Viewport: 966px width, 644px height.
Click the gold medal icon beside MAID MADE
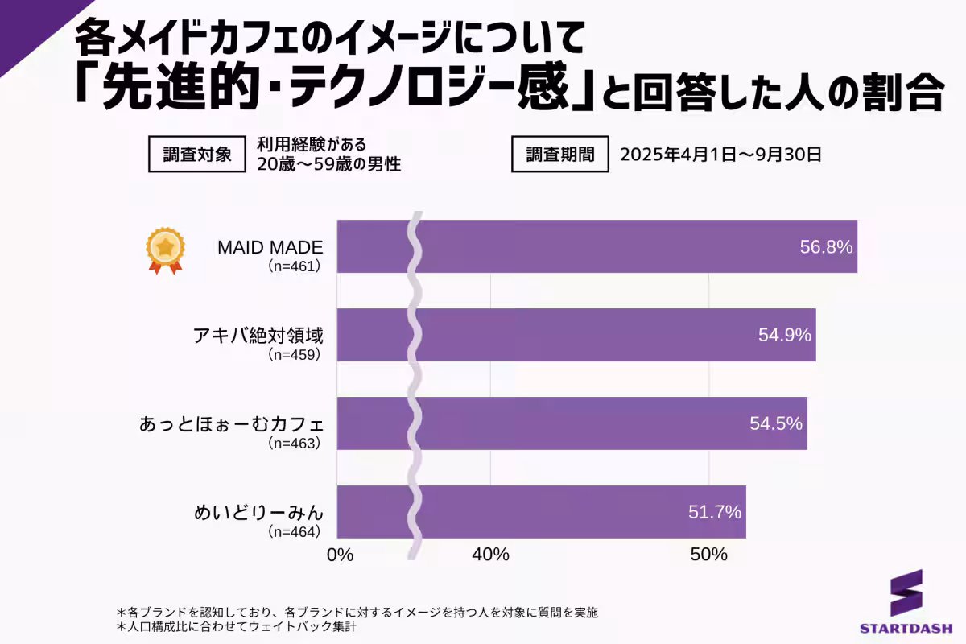click(x=165, y=250)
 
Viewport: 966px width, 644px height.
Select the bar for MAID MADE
click(x=596, y=246)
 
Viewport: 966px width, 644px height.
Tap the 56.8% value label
click(x=826, y=247)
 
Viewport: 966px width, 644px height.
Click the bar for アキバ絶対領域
click(x=576, y=335)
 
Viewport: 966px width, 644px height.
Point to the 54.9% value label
click(x=784, y=336)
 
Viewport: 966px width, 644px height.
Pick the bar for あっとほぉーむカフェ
click(x=572, y=423)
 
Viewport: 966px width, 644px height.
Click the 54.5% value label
click(x=776, y=423)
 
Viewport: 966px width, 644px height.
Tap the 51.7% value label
click(x=715, y=512)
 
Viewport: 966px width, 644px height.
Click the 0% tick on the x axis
click(x=341, y=555)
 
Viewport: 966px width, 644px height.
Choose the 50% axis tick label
click(x=709, y=555)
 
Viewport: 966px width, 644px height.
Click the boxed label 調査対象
click(x=197, y=155)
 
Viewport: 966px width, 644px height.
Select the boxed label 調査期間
click(x=560, y=155)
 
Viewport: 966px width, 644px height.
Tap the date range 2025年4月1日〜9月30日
click(x=720, y=155)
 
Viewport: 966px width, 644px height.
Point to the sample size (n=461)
click(x=295, y=266)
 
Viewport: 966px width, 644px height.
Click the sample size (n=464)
click(x=295, y=531)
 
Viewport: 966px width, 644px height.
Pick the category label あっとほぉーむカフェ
click(x=232, y=424)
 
